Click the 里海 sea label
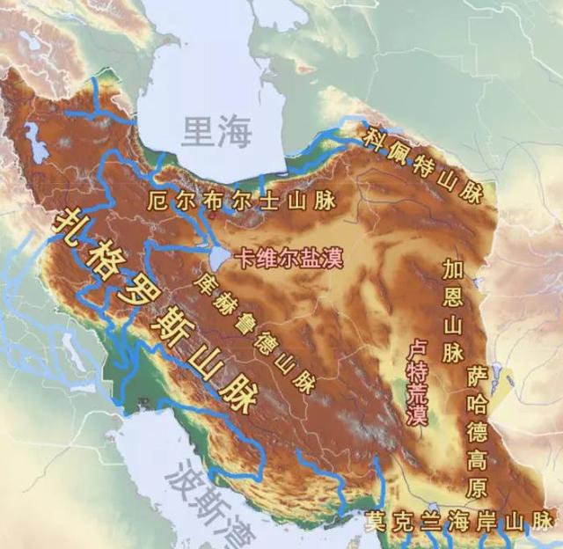point(216,131)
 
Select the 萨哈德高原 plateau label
point(478,430)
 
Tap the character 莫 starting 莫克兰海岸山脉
point(377,519)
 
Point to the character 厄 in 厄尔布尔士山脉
point(159,201)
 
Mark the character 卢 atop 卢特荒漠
point(416,349)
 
